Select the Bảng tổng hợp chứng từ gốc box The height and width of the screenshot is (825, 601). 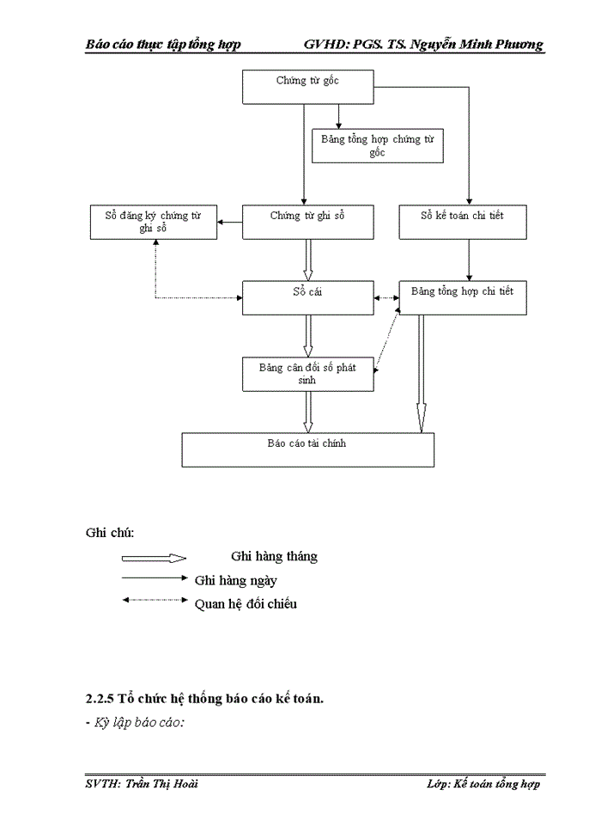coord(377,145)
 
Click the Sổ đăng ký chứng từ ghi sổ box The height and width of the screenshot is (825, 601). coord(154,222)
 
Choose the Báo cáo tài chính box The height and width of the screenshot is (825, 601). coord(307,449)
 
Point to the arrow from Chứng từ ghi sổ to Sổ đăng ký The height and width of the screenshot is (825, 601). coord(230,223)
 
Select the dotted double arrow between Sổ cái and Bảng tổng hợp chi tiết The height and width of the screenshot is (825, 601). coord(386,298)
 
